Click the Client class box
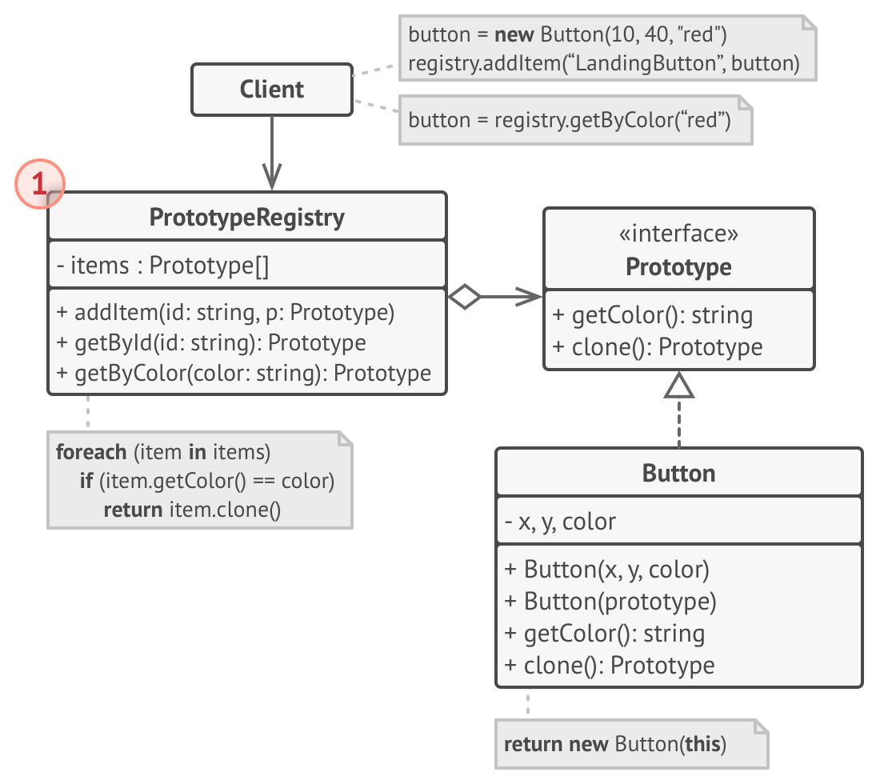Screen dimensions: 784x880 (x=272, y=90)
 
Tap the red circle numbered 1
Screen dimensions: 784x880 (x=38, y=185)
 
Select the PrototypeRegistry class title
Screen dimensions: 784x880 (x=246, y=217)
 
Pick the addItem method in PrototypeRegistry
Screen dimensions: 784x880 (x=226, y=313)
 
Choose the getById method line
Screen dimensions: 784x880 (x=211, y=343)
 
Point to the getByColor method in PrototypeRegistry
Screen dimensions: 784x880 (x=244, y=374)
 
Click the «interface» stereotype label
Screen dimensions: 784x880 (x=678, y=234)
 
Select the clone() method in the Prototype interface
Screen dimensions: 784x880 (x=657, y=347)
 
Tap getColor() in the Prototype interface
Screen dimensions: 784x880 (x=652, y=315)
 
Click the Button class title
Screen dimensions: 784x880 (x=678, y=473)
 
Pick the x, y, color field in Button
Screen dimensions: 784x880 (x=560, y=522)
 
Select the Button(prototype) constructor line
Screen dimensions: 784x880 (x=610, y=601)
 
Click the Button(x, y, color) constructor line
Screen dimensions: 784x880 (x=607, y=570)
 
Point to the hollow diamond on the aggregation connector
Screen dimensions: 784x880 (x=464, y=297)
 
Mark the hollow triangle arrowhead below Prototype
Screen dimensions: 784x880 (x=679, y=386)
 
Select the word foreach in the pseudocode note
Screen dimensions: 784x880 (x=91, y=452)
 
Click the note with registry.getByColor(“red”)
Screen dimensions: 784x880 (x=570, y=121)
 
